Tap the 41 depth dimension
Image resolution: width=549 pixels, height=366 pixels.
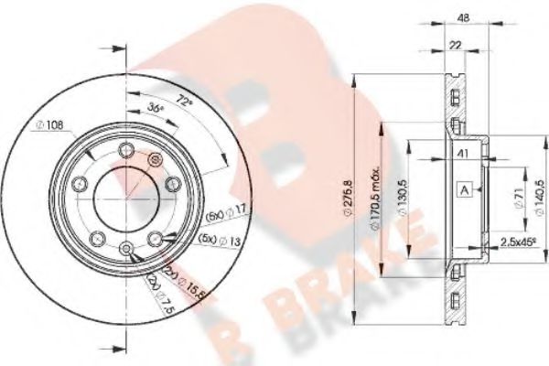point(464,156)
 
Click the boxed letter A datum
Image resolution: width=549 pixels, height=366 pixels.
point(465,190)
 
